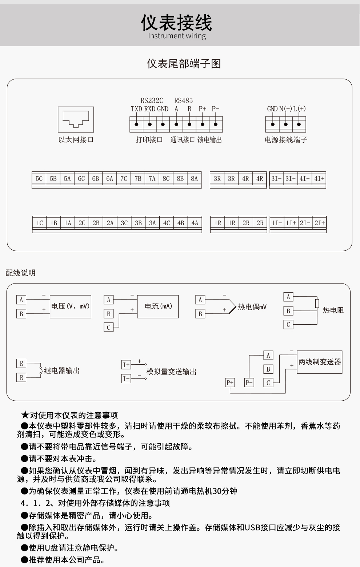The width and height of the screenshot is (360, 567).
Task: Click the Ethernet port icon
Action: [76, 119]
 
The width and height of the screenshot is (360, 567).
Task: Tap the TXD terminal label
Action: [136, 109]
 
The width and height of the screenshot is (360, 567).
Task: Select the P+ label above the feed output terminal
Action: [202, 109]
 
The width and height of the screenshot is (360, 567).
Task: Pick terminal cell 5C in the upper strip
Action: [39, 179]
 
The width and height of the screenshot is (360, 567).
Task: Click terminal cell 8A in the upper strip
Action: [194, 179]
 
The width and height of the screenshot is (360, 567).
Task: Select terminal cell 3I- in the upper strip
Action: [276, 179]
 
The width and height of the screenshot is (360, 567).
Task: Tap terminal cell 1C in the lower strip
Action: [39, 223]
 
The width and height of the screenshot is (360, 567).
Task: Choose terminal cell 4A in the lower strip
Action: [195, 223]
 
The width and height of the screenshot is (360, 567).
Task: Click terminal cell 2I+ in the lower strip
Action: [320, 223]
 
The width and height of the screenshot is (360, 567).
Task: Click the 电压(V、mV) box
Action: [70, 306]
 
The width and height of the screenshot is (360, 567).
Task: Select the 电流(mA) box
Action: [158, 306]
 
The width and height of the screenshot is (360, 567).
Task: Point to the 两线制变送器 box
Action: [320, 362]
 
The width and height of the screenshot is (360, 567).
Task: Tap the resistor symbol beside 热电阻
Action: [317, 303]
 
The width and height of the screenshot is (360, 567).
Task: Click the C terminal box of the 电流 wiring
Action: [108, 327]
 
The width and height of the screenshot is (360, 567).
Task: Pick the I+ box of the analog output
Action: [126, 365]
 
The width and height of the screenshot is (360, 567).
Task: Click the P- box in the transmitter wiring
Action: [249, 382]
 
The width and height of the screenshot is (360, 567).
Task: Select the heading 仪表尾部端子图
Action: [184, 64]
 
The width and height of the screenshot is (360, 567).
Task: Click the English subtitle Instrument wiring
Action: [177, 36]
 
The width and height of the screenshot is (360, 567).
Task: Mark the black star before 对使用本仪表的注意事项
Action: [25, 415]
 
